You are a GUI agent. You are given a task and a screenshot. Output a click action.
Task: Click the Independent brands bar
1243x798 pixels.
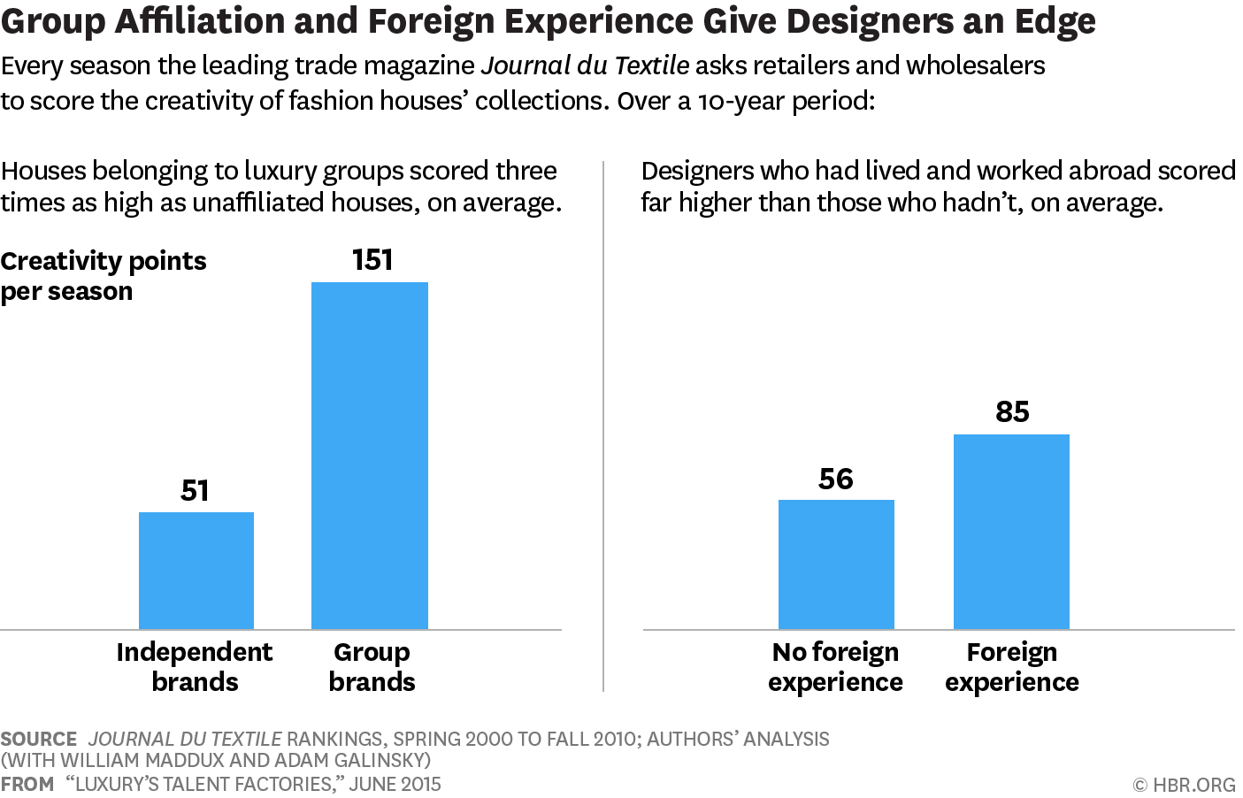pyautogui.click(x=196, y=571)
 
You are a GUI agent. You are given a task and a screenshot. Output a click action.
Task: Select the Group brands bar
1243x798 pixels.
pyautogui.click(x=370, y=456)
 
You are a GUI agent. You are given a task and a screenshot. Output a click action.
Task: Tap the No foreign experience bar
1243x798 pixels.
pyautogui.click(x=836, y=564)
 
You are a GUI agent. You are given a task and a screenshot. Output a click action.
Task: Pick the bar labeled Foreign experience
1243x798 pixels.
pyautogui.click(x=1011, y=532)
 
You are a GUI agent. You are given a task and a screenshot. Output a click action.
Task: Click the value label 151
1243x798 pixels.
pyautogui.click(x=372, y=260)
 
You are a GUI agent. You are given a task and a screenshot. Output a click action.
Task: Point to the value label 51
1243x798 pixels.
pyautogui.click(x=195, y=490)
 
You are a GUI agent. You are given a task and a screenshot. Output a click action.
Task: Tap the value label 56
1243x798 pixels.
pyautogui.click(x=836, y=479)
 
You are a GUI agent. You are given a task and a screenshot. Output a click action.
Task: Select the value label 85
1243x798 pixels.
pyautogui.click(x=1012, y=411)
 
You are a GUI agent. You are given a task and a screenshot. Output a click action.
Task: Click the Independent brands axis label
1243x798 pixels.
pyautogui.click(x=195, y=666)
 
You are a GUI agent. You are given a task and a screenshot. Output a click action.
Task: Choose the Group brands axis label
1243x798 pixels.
pyautogui.click(x=372, y=666)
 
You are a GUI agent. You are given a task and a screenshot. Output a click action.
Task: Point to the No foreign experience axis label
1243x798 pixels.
pyautogui.click(x=835, y=666)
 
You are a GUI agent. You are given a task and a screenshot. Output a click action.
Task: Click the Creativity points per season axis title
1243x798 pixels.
pyautogui.click(x=103, y=275)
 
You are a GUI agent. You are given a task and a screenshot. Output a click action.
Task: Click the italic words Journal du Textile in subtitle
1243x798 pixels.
pyautogui.click(x=585, y=65)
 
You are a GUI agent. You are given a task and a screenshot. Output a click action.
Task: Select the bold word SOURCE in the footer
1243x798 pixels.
pyautogui.click(x=39, y=739)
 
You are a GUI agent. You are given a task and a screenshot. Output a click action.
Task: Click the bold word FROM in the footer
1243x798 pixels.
pyautogui.click(x=27, y=784)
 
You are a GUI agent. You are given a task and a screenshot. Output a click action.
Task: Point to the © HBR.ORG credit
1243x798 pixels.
pyautogui.click(x=1184, y=785)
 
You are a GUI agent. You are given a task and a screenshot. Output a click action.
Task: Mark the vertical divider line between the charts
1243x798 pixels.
pyautogui.click(x=603, y=425)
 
